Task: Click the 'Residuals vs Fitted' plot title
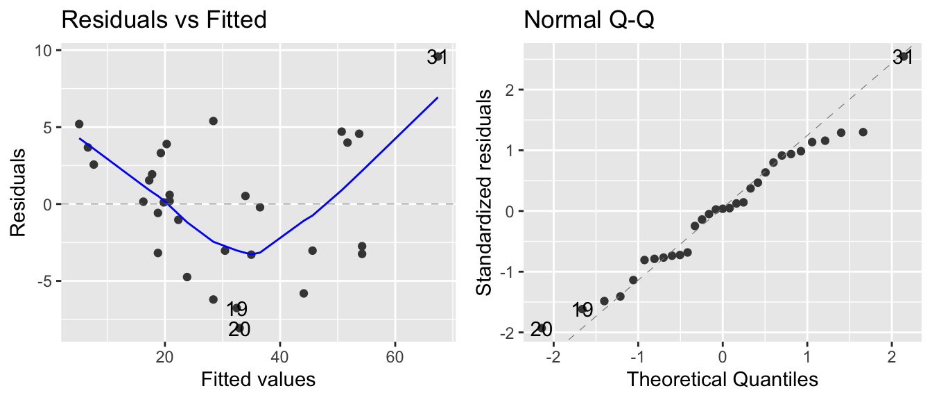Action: tap(164, 20)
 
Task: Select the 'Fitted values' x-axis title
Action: tap(258, 379)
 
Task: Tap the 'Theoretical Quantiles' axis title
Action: tap(722, 379)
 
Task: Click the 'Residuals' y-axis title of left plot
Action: tap(18, 191)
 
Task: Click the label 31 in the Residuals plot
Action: tap(437, 58)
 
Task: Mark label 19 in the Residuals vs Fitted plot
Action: tap(236, 310)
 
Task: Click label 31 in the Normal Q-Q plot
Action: tap(902, 58)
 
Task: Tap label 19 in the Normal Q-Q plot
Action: tap(582, 310)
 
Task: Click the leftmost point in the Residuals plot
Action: tap(79, 124)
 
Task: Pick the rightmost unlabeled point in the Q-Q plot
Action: tap(863, 132)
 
